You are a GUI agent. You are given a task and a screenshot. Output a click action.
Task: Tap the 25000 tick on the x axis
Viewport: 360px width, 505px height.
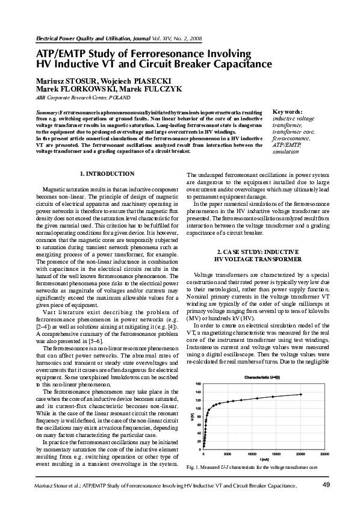324,454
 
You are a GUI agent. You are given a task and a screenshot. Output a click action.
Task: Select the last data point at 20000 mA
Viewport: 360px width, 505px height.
300,394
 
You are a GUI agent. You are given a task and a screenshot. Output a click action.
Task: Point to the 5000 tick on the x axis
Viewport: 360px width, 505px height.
228,454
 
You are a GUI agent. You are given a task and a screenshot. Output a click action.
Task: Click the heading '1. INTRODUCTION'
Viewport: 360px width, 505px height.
107,174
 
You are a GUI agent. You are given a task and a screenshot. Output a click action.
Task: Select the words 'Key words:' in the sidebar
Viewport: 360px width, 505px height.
288,112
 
